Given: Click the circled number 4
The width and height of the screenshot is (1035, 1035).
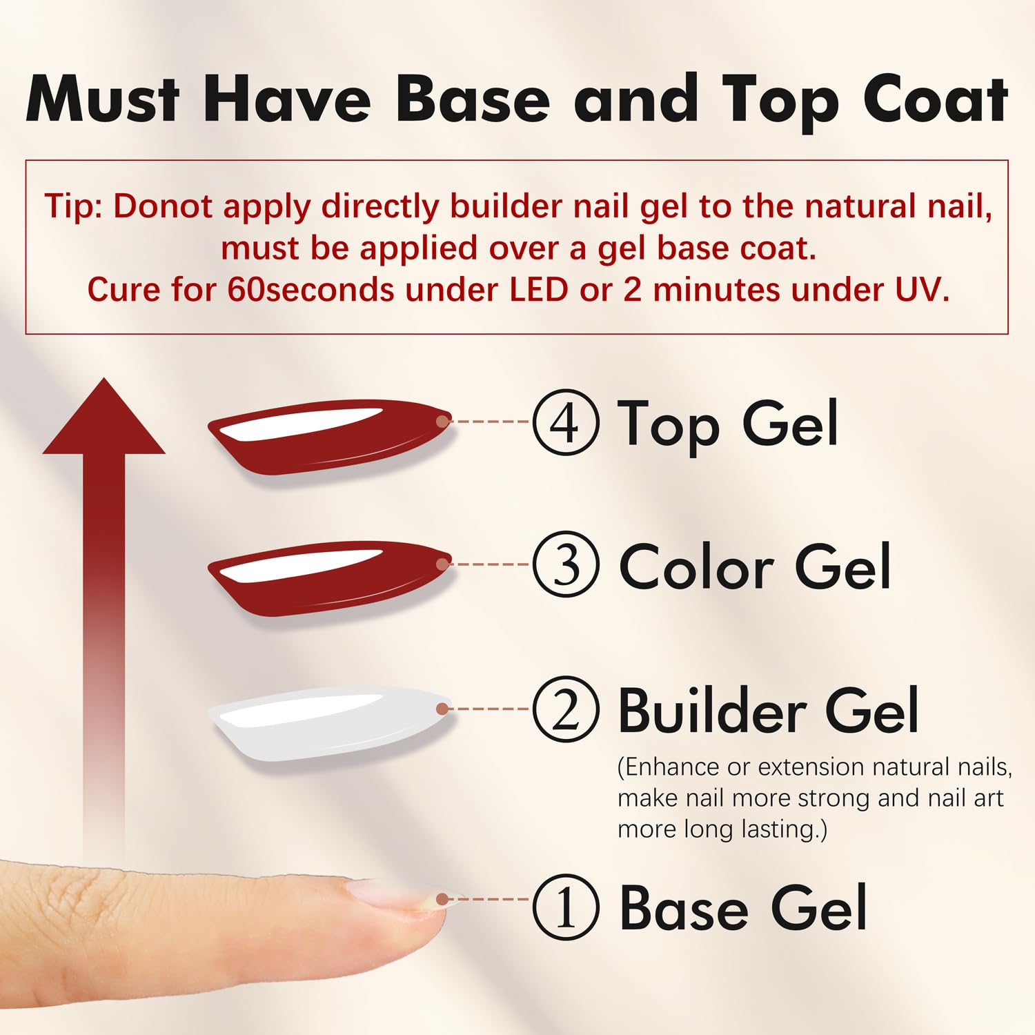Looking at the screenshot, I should [565, 422].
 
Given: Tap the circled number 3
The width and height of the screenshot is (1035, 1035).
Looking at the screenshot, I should [565, 564].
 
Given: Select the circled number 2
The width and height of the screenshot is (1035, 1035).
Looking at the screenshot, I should [565, 709].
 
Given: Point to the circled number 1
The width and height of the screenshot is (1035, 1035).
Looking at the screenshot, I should [565, 907].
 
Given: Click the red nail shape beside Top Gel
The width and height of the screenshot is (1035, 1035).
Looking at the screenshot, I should [330, 436].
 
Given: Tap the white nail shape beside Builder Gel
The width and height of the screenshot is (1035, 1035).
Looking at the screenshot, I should [330, 723].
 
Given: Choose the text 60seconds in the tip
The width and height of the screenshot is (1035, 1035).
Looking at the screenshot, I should [310, 290].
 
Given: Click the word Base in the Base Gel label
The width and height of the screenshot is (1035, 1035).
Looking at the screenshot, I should [684, 908].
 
